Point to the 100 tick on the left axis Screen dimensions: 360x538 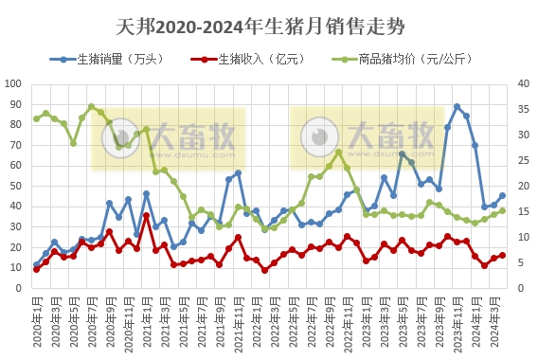tap(14, 83)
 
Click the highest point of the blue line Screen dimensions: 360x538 tap(457, 107)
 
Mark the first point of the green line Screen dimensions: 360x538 tap(36, 118)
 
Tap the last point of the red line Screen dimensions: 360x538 tap(502, 255)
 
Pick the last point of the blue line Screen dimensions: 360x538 tap(502, 196)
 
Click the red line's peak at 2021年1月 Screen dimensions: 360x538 tap(146, 215)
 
